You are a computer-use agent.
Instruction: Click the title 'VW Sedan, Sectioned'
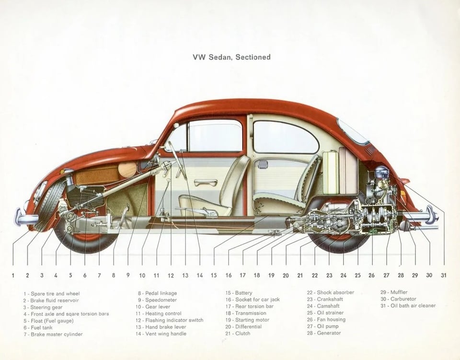[x=231, y=57]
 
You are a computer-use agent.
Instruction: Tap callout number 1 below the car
[x=13, y=275]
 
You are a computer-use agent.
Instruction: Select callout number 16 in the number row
[x=229, y=275]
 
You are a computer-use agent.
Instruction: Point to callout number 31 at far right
[x=444, y=275]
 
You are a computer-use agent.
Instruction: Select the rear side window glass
[x=285, y=137]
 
